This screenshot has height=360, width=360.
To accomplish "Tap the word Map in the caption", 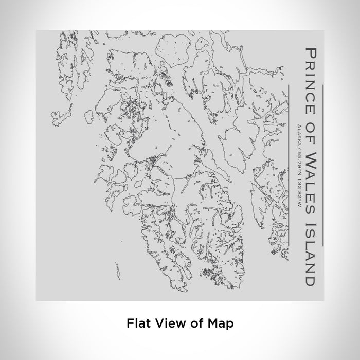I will [222, 323].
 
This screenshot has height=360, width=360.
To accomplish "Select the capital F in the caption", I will [130, 323].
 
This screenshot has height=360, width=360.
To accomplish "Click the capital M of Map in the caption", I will [215, 323].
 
